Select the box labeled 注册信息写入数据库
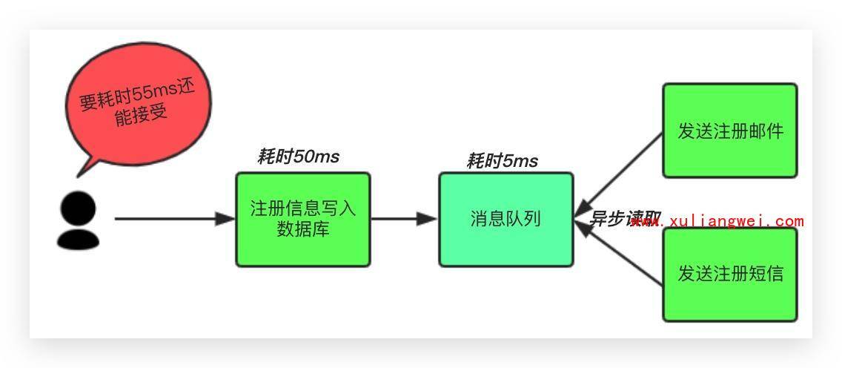point(302,220)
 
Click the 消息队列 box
point(505,220)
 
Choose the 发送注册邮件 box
point(729,131)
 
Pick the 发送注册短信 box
point(729,275)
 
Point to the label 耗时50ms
point(298,157)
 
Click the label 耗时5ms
point(502,161)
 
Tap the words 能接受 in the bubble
point(141,115)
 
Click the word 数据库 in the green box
point(302,229)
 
